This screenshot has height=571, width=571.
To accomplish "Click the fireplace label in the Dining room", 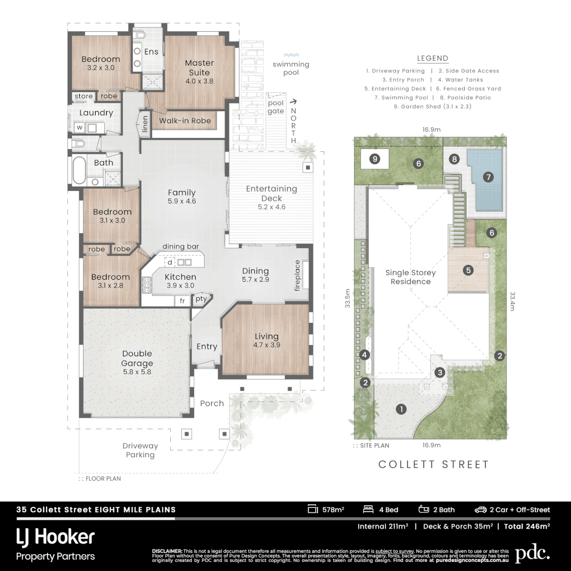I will [297, 275].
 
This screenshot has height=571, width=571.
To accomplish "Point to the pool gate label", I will [276, 107].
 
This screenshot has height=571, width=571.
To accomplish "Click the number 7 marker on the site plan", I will [488, 177].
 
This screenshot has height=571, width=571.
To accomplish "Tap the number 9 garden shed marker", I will [375, 158].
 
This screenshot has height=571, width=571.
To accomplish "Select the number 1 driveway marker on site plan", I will [401, 409].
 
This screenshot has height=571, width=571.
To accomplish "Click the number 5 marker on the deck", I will [468, 270].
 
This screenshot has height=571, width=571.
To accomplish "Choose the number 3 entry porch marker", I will [439, 373].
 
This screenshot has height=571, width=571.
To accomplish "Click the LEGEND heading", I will [432, 59].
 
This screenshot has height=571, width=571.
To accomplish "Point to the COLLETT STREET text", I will [434, 464].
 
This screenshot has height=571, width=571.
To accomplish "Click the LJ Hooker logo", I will [56, 537].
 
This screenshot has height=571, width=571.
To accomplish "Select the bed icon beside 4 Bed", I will [368, 510].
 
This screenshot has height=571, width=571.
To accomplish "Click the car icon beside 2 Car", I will [480, 510].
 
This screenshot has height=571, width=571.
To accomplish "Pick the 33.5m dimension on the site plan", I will [347, 298].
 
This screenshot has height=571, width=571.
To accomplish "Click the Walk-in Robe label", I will [185, 121].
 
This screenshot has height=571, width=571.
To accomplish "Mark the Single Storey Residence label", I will [410, 277].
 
